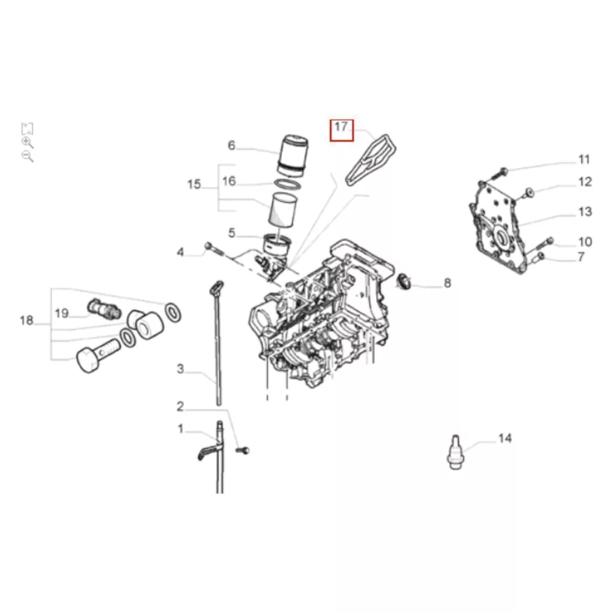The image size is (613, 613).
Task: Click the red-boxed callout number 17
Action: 341,127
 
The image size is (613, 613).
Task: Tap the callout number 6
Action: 232,145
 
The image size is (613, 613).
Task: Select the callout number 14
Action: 505,438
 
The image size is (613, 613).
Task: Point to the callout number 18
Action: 26,321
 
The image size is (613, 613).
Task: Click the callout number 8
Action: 447,283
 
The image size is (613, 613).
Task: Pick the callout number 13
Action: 585,212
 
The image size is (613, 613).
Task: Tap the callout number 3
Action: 180,369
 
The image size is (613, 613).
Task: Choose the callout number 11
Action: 584,159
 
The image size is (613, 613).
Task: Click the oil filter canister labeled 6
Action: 293,156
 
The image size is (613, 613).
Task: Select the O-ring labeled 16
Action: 288,183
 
